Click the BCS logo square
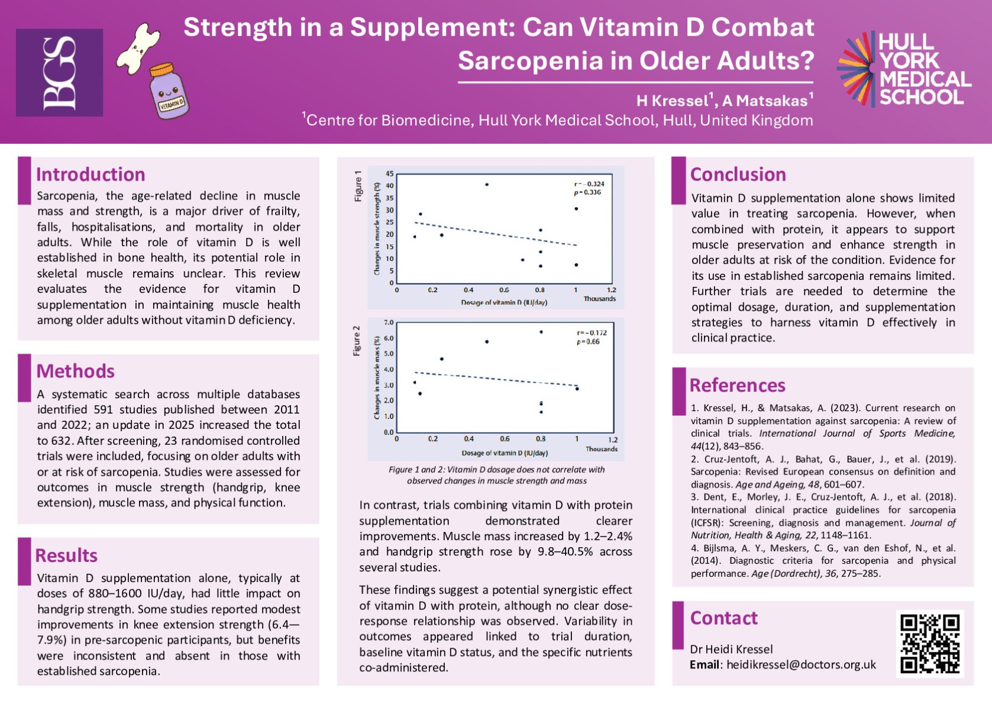coord(59,73)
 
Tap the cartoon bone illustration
coord(138,45)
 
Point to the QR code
coord(929,644)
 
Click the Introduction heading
coord(91,175)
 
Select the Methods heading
coord(76,372)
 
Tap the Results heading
coord(66,555)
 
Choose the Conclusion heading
coord(738,175)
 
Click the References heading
coord(737,386)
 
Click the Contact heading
coord(723,618)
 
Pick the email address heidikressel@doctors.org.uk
coord(801,664)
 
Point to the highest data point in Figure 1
coord(487,185)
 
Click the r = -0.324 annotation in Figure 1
coord(589,184)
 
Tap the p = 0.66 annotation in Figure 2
coord(588,341)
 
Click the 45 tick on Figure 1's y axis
coord(389,174)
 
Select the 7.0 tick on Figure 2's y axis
coord(389,323)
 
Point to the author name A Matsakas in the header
coord(765,101)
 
